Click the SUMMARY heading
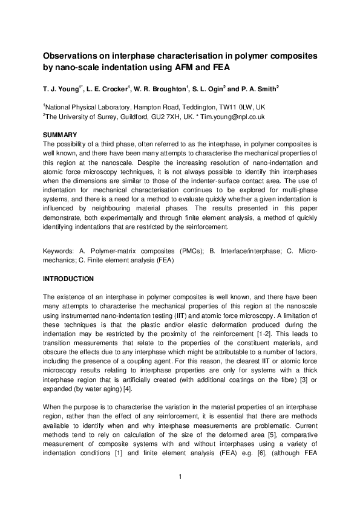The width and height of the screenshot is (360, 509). click(x=60, y=134)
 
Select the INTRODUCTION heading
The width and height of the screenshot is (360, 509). click(x=68, y=279)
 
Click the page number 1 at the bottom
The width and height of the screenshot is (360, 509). click(x=180, y=478)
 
